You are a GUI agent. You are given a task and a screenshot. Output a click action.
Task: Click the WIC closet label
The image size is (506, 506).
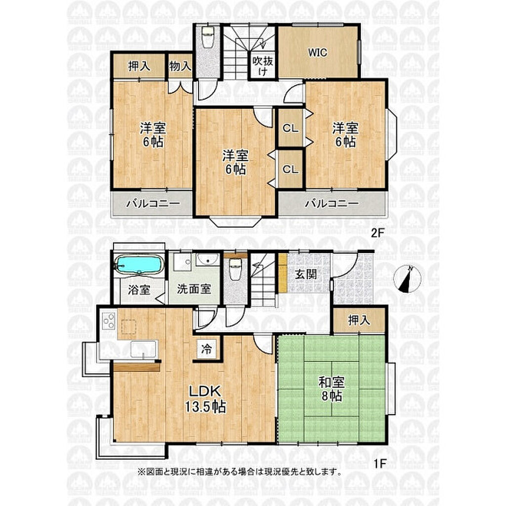pos(318,52)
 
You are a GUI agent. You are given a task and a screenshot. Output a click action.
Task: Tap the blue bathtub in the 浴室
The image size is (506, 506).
pos(139,265)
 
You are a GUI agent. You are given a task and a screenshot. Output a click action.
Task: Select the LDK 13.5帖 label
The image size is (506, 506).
pos(205,399)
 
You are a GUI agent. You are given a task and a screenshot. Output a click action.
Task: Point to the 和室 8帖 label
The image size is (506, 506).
pos(332,389)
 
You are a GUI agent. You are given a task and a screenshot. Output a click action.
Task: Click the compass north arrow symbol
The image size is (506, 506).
pos(408,279)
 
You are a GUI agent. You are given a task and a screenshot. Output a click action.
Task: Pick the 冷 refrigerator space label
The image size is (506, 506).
pos(207,349)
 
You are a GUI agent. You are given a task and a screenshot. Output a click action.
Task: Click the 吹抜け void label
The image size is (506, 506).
pos(263,66)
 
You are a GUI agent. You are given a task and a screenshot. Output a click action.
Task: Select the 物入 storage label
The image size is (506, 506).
pos(180,66)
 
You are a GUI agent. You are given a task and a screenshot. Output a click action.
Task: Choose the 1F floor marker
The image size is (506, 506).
pos(380,464)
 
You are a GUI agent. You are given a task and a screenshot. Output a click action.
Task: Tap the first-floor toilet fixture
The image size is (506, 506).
pos(235,269)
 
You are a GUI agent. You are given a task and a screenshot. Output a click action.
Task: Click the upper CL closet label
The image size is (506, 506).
pos(291,128)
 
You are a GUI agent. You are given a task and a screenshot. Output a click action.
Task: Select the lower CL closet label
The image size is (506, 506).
pos(291,169)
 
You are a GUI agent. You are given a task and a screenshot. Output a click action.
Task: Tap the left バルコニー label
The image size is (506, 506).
pos(153,204)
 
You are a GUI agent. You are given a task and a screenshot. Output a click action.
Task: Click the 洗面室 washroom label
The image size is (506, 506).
pos(194,289)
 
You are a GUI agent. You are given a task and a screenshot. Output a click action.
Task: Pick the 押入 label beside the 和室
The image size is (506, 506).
pos(359,320)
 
